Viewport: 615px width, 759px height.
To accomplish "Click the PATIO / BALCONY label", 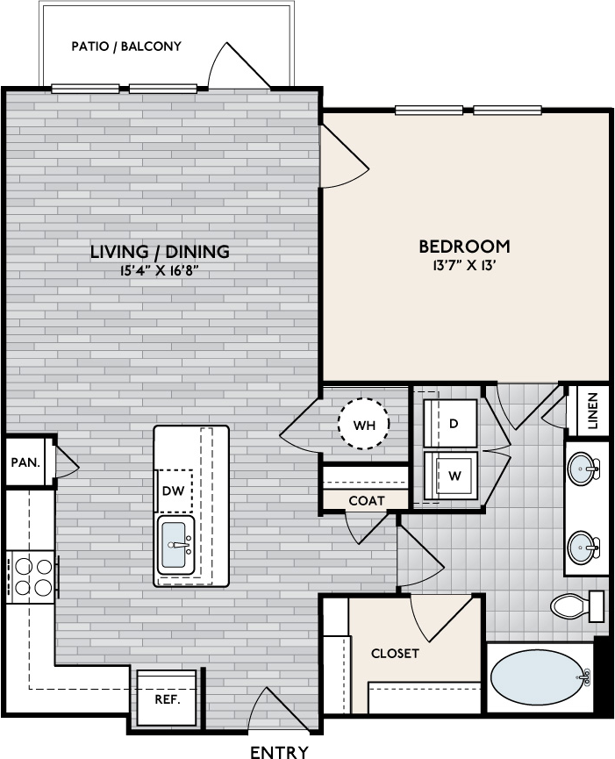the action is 126,47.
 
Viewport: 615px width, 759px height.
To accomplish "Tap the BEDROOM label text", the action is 464,247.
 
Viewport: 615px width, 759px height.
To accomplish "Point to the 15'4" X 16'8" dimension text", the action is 160,270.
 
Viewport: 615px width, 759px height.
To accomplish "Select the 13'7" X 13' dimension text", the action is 464,265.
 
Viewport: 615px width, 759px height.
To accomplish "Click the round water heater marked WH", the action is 363,424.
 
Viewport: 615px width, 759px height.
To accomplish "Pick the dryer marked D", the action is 450,424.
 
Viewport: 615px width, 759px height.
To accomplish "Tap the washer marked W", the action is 450,476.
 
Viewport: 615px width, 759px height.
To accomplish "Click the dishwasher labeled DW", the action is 173,490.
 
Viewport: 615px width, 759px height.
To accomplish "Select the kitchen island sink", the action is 175,545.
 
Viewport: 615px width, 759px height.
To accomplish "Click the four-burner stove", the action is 32,577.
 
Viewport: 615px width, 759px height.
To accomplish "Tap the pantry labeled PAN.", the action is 25,462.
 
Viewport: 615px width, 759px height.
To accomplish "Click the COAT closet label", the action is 367,500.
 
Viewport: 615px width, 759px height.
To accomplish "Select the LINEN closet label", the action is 593,411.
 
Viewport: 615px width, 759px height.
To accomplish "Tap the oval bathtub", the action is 540,677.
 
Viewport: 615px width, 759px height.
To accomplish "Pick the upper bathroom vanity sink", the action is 583,468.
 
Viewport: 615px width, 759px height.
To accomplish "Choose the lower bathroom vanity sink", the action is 583,548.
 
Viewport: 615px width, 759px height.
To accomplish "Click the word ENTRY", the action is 279,752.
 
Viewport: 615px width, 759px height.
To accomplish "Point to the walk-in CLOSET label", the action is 395,654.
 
